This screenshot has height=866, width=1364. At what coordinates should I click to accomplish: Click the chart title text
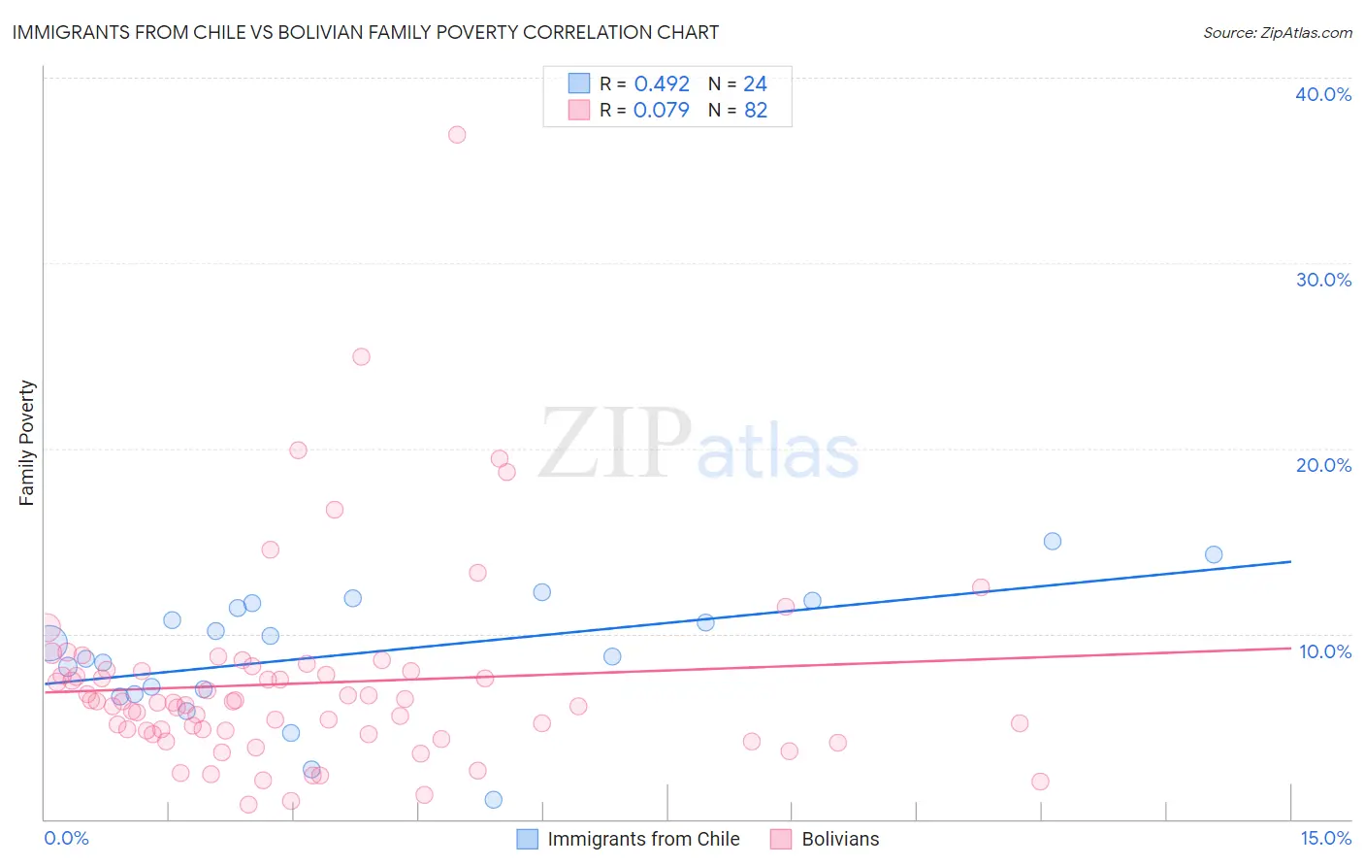366,32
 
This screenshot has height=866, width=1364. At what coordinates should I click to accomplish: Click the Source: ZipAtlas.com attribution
1277,32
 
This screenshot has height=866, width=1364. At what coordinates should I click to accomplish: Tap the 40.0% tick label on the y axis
1322,94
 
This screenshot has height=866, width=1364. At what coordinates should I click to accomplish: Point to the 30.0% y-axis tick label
1322,280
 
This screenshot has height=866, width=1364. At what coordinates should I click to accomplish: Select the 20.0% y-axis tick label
1322,465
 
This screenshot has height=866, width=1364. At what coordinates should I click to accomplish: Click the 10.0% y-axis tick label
1324,651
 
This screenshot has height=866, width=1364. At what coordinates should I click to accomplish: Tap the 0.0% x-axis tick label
66,838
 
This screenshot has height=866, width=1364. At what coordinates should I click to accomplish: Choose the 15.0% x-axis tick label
1325,838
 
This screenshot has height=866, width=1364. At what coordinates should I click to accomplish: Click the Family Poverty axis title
27,443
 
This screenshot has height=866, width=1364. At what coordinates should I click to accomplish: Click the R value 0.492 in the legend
661,84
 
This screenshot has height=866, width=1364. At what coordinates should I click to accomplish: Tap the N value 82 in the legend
756,110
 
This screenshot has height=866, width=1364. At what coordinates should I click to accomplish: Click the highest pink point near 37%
457,135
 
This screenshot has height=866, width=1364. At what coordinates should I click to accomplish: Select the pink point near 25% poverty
361,356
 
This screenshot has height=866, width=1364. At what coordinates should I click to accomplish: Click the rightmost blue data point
1214,554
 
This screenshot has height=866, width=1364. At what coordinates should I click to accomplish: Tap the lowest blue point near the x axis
494,800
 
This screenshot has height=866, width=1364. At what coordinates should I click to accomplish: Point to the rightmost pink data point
1040,782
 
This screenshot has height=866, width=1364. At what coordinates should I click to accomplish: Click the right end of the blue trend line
1290,561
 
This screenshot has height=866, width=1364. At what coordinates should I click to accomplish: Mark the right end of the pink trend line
1290,648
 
